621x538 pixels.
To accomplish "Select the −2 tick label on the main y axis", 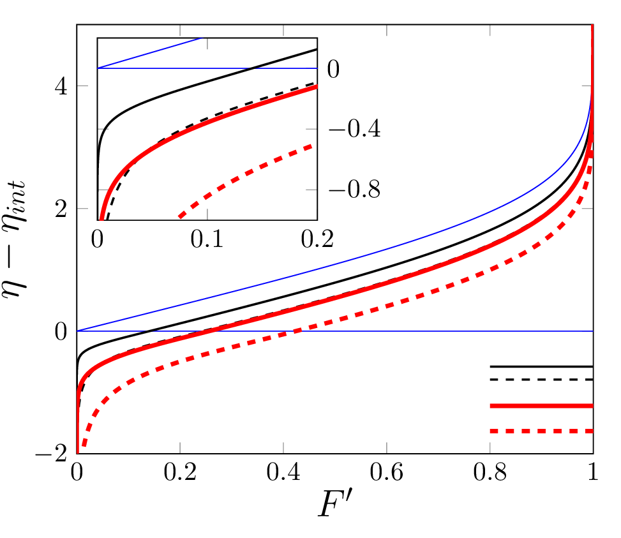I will (x=54, y=454).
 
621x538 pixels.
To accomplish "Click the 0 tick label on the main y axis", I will (x=61, y=332).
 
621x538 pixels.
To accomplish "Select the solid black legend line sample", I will (x=541, y=366).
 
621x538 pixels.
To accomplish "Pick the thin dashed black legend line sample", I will (x=541, y=380).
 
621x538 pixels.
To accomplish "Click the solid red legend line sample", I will (x=541, y=406).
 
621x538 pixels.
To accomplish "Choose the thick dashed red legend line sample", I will (x=541, y=431).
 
